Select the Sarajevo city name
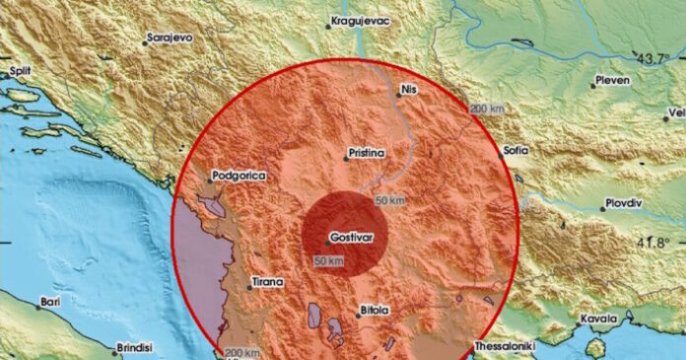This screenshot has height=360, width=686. [x=169, y=38]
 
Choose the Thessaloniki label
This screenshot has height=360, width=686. [x=506, y=346]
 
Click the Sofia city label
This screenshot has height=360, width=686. [x=514, y=151]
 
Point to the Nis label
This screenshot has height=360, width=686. [x=410, y=91]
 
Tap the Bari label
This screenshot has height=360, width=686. [x=50, y=303]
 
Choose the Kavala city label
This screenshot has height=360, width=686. [x=598, y=319]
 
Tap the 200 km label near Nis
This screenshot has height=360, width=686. [x=486, y=107]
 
